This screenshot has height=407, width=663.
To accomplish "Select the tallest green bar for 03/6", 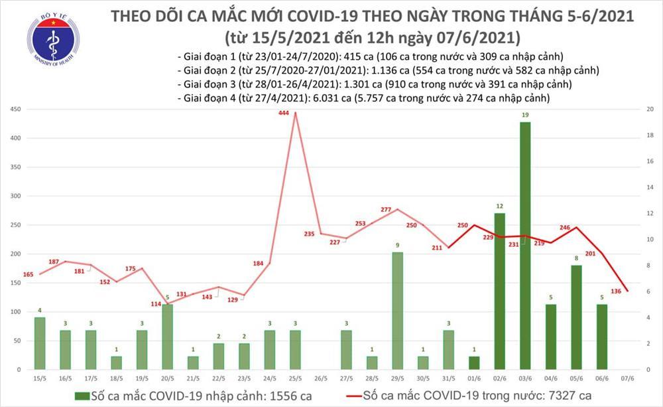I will point(524,246).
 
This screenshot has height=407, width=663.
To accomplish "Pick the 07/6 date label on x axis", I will point(625,379).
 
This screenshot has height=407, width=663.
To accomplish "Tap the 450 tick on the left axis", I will point(14,110).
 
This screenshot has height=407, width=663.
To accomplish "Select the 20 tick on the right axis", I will point(650,110).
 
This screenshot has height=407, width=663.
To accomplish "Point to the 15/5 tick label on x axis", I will point(40,379).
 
